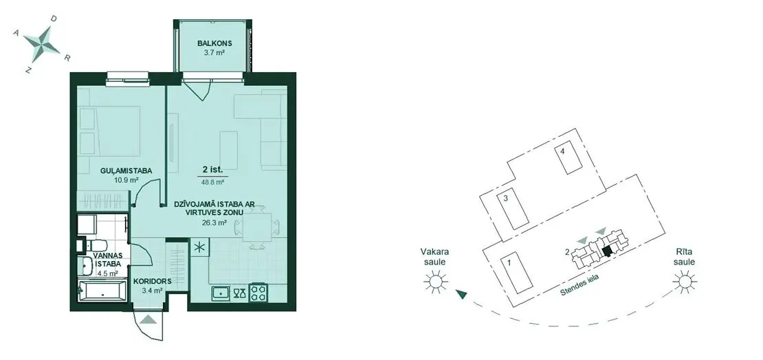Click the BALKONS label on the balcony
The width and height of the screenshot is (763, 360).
click(x=211, y=43)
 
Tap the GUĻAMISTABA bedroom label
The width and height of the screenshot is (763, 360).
click(x=126, y=171)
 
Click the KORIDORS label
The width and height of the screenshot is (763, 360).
click(x=149, y=281)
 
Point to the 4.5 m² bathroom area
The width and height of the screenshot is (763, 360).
click(x=107, y=273)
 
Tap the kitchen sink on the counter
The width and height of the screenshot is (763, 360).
click(x=222, y=293)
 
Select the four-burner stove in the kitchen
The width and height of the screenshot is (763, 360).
click(x=257, y=293)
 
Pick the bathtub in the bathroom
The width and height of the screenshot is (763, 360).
click(x=102, y=291)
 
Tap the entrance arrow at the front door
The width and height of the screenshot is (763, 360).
click(x=149, y=319)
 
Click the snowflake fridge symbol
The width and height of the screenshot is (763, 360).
click(x=199, y=247)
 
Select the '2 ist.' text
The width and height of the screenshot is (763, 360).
click(x=212, y=170)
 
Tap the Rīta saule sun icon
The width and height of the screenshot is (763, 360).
click(x=684, y=281)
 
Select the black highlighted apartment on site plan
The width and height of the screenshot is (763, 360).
click(x=606, y=251)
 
